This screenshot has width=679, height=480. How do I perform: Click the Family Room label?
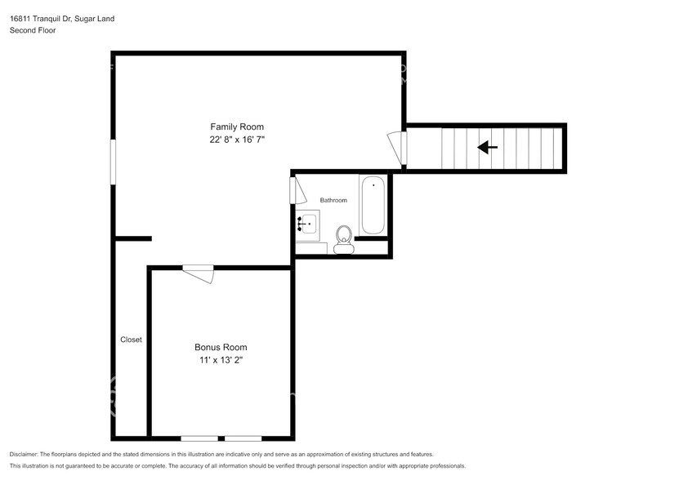(x=237, y=127)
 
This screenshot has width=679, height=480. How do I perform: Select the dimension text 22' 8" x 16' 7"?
(x=237, y=140)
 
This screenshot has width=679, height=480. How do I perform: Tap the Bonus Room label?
(x=221, y=347)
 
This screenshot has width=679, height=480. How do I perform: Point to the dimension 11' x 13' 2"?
(x=221, y=361)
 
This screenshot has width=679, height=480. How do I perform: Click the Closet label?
(x=131, y=340)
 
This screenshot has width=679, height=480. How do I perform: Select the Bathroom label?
(x=333, y=200)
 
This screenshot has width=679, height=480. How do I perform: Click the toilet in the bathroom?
(x=343, y=239)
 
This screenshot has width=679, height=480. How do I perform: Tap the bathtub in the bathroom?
(x=373, y=204)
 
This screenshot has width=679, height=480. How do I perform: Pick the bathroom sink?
(x=309, y=222)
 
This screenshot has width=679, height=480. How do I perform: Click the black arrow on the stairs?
(x=488, y=148)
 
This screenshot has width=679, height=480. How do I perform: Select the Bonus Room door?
(x=199, y=273)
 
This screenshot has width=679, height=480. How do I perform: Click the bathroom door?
(x=297, y=191)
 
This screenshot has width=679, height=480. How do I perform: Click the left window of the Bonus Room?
(x=199, y=438)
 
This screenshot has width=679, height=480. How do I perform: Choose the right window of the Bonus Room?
(x=243, y=438)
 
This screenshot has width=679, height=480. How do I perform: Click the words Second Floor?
(x=32, y=30)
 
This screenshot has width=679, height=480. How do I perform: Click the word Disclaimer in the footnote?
(x=27, y=454)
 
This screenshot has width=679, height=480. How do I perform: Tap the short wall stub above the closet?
(x=132, y=239)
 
